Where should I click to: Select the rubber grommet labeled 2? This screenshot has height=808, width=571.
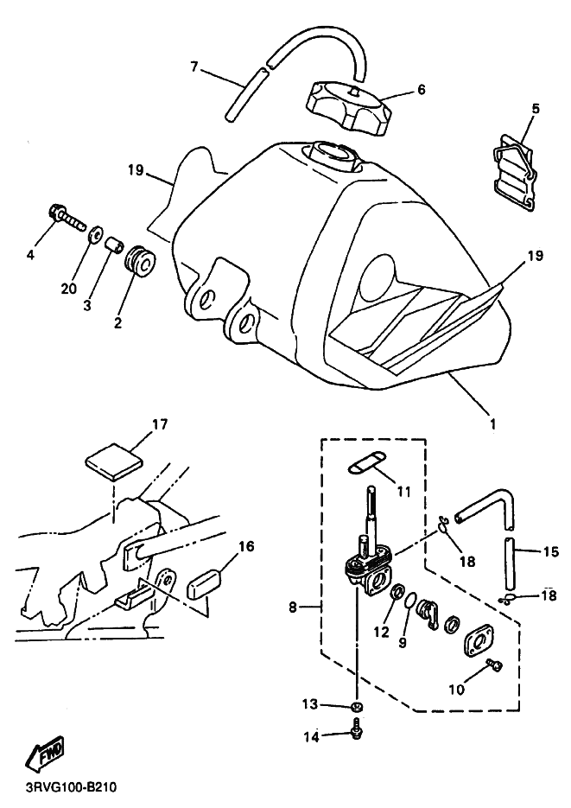tap(138, 262)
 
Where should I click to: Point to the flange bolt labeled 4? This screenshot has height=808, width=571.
tap(66, 219)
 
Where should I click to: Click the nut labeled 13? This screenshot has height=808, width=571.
tap(355, 705)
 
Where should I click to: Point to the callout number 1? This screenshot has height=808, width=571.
tap(492, 423)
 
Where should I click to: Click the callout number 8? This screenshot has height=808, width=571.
tap(293, 608)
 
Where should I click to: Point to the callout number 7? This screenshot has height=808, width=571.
tap(194, 67)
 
